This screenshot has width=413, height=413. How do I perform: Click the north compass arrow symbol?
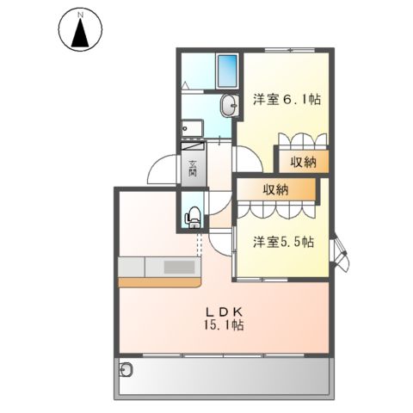coord(80,34)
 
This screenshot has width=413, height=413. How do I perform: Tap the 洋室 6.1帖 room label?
coord(287,100)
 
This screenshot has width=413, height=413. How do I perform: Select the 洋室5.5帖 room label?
coord(283,243)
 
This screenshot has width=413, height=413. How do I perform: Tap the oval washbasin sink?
coord(230,107)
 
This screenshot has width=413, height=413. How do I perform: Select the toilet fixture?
coord(194,216)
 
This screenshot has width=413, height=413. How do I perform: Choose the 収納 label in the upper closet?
coord(302,160)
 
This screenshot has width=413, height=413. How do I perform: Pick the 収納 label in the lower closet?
coord(275,189)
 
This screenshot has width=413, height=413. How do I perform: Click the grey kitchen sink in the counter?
coord(182,267)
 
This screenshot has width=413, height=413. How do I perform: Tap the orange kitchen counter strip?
coord(159,281)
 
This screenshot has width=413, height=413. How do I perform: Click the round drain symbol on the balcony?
coord(128,370)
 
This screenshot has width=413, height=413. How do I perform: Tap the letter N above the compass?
coord(80,15)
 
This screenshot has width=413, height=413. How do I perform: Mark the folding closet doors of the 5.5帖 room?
coord(278,209)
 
